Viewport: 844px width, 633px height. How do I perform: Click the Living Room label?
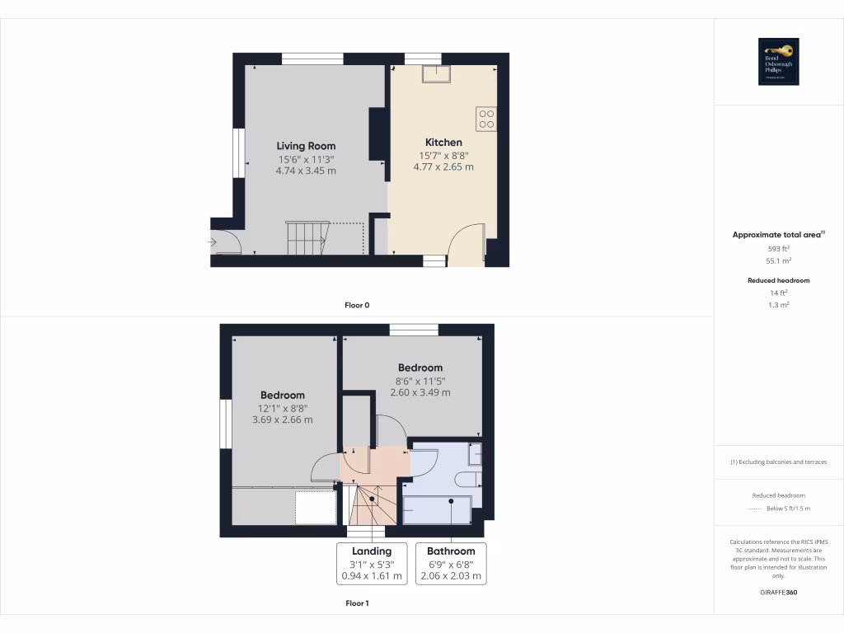click(306, 146)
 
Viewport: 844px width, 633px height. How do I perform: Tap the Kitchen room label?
click(443, 143)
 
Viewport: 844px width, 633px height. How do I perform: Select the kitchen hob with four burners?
click(485, 120)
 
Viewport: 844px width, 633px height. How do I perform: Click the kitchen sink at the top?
click(436, 73)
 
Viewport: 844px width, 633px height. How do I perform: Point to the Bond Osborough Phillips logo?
click(779, 62)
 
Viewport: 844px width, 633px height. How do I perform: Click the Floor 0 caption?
click(357, 305)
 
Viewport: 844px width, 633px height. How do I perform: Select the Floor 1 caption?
click(357, 603)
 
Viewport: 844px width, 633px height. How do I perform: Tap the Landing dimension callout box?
click(372, 564)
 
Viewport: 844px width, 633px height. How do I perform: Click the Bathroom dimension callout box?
click(451, 564)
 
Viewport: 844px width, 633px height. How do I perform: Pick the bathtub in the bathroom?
click(438, 509)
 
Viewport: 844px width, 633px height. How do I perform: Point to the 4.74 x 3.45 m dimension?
click(306, 171)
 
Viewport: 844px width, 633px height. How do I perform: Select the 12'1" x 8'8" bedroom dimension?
click(283, 408)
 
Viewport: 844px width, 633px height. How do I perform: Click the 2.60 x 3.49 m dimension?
click(420, 392)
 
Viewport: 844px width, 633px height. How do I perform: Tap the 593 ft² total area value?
click(779, 248)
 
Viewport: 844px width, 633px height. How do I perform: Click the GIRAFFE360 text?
click(779, 593)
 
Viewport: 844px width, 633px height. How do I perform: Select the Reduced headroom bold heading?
click(779, 280)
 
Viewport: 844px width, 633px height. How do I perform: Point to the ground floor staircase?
click(306, 238)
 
